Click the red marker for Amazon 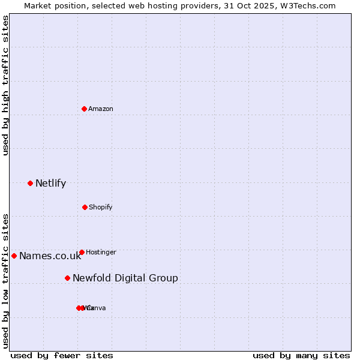click(x=85, y=109)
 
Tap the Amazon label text click(x=101, y=109)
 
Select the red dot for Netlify click(x=30, y=183)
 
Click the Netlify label click(x=50, y=184)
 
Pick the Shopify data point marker click(x=85, y=207)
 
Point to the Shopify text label click(x=101, y=208)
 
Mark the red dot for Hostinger click(x=82, y=252)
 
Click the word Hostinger click(x=101, y=253)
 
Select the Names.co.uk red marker click(x=14, y=256)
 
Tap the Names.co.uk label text click(x=50, y=256)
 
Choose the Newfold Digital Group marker click(x=67, y=278)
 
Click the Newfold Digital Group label click(x=125, y=278)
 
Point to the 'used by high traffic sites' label click(x=6, y=85)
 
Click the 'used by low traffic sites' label click(x=6, y=281)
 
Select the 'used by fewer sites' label click(x=62, y=356)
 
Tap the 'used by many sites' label click(x=301, y=356)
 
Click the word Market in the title click(x=38, y=5)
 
